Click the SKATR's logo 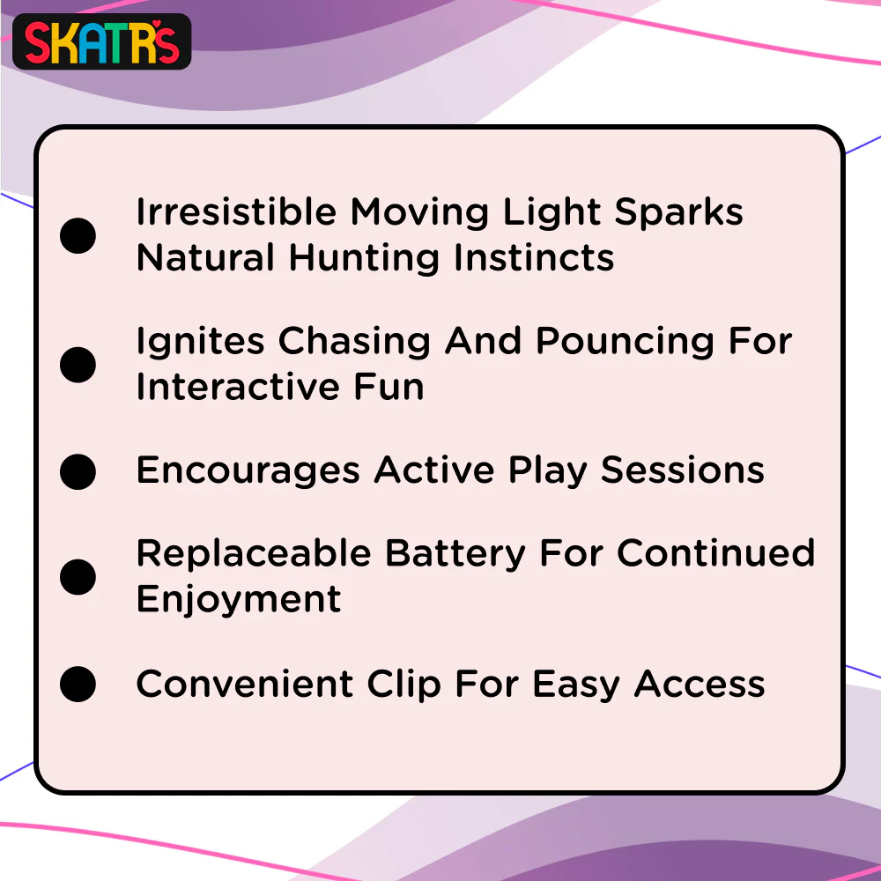pyautogui.click(x=101, y=41)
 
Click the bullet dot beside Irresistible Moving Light pyautogui.click(x=78, y=235)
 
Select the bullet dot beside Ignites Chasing pyautogui.click(x=78, y=365)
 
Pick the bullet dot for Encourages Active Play pyautogui.click(x=78, y=471)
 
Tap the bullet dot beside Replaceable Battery pyautogui.click(x=78, y=577)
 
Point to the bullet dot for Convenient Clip pyautogui.click(x=78, y=684)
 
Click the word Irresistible pyautogui.click(x=236, y=211)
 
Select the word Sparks pyautogui.click(x=678, y=212)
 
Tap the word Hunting pyautogui.click(x=364, y=259)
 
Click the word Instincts pyautogui.click(x=534, y=257)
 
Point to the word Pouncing pyautogui.click(x=625, y=342)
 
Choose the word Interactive pyautogui.click(x=238, y=387)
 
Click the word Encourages pyautogui.click(x=248, y=470)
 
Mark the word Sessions pyautogui.click(x=682, y=470)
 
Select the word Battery pyautogui.click(x=455, y=554)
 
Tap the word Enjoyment pyautogui.click(x=239, y=600)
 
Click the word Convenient pyautogui.click(x=245, y=684)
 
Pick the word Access pyautogui.click(x=699, y=684)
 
